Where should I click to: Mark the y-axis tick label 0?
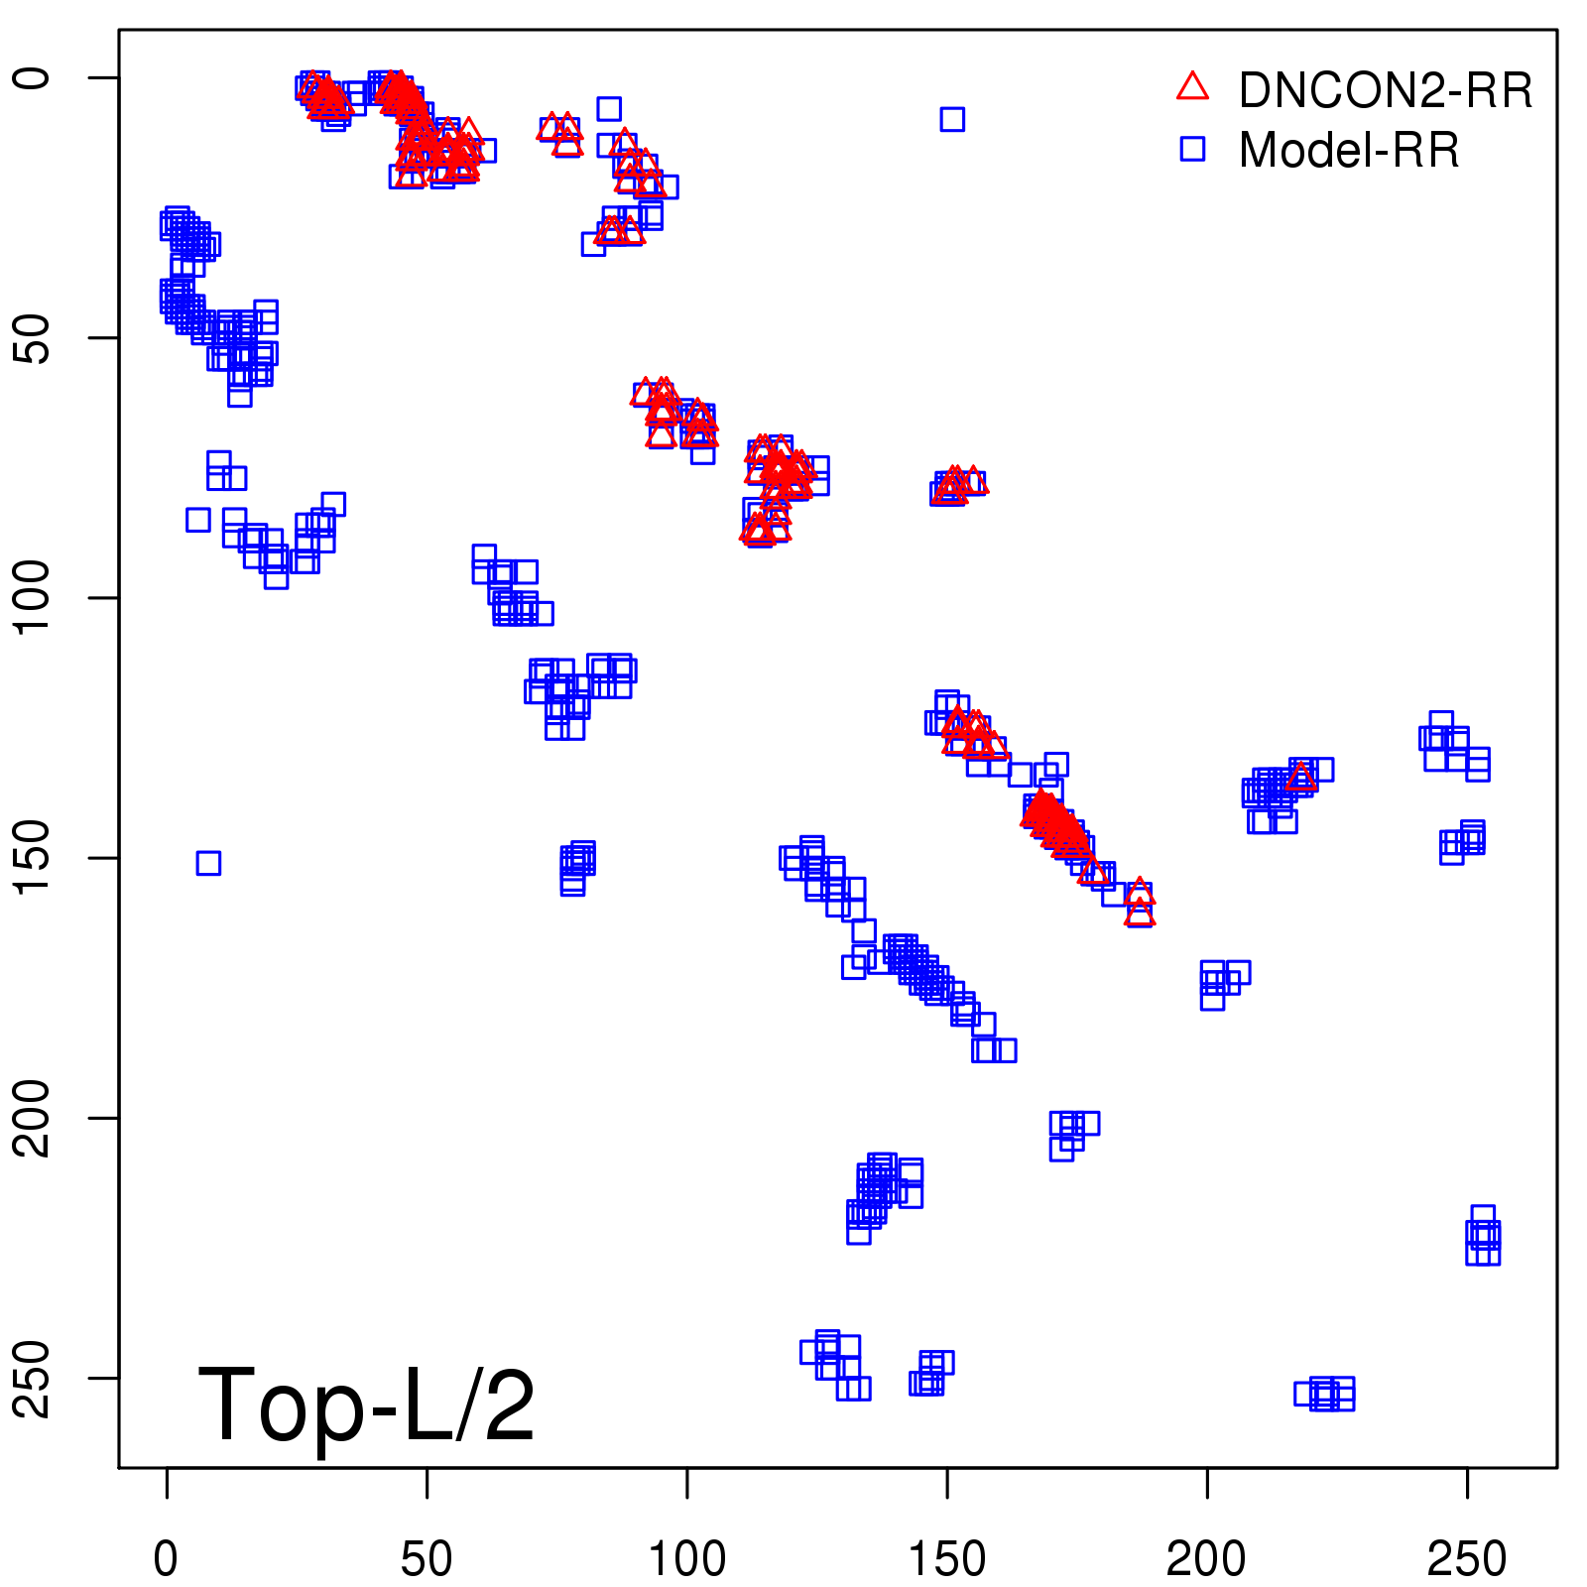(x=32, y=78)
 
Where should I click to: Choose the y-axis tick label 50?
(x=32, y=338)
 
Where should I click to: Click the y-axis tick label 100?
(x=32, y=597)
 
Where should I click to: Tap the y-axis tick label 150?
(x=32, y=857)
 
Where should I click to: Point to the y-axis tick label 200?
(x=32, y=1118)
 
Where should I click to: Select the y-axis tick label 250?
(x=32, y=1378)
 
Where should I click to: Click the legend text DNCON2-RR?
(x=1385, y=90)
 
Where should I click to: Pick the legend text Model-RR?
(x=1349, y=151)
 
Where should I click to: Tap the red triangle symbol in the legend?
(x=1192, y=87)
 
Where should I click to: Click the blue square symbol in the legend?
(x=1192, y=149)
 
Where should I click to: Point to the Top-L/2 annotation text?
(x=366, y=1404)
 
